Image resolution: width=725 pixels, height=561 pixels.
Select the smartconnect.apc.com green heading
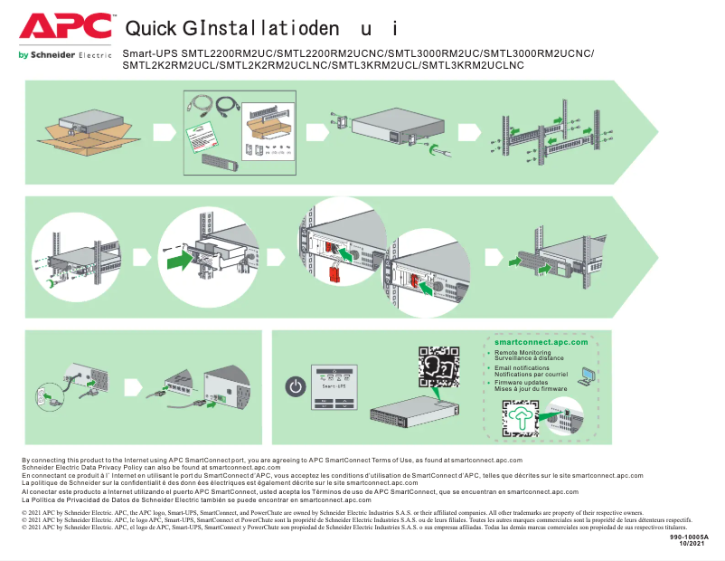click(541, 342)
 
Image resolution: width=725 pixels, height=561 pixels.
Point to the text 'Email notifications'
click(522, 368)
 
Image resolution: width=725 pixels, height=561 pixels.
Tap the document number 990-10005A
click(690, 537)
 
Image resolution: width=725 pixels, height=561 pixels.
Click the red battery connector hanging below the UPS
click(334, 275)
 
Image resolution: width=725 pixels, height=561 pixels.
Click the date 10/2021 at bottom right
click(692, 544)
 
